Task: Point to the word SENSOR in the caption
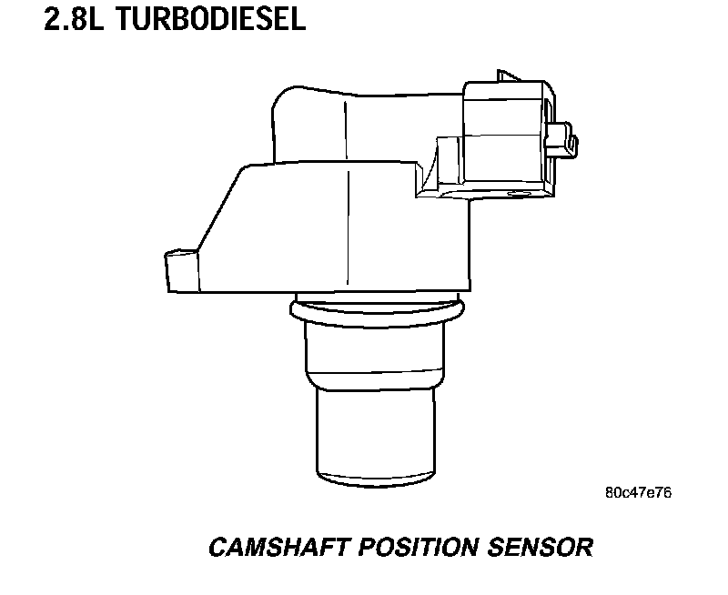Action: (x=541, y=548)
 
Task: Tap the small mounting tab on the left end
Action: (x=179, y=270)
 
